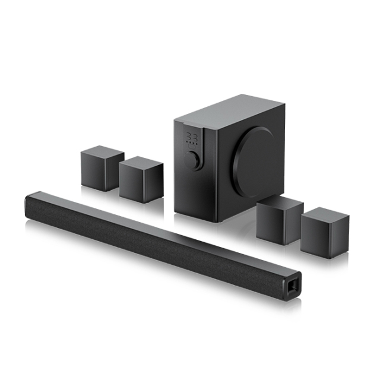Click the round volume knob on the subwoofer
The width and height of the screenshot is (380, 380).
(x=192, y=161)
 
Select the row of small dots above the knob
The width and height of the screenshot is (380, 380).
(x=191, y=144)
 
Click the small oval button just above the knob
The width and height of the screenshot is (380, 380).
(x=191, y=150)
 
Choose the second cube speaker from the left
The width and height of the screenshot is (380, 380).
(x=141, y=179)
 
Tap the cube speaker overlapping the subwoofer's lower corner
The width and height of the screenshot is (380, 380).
(x=280, y=220)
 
